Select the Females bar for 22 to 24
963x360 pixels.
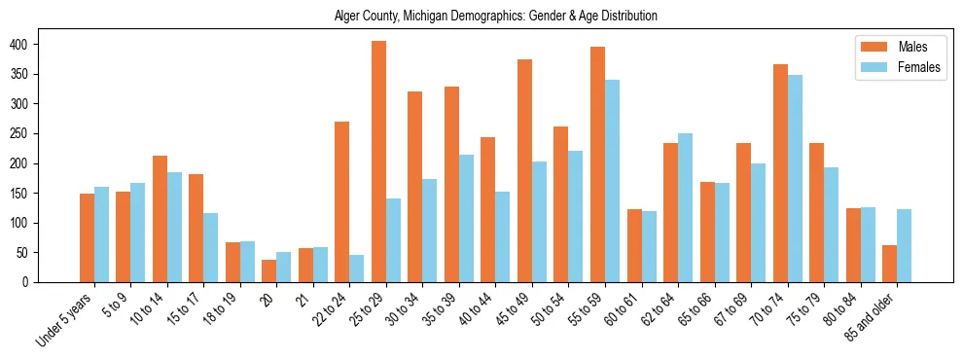coord(357,269)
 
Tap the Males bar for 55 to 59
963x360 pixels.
coord(597,164)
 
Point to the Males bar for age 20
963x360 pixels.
coord(269,270)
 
